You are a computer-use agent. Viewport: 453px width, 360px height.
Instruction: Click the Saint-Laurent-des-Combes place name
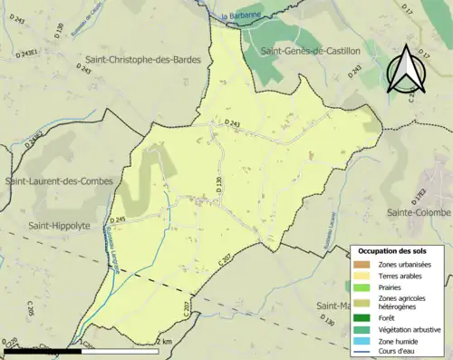pos(60,181)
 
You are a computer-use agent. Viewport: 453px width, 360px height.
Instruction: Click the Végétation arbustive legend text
pos(410,328)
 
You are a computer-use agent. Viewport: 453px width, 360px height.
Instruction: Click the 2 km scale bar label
pos(163,341)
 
